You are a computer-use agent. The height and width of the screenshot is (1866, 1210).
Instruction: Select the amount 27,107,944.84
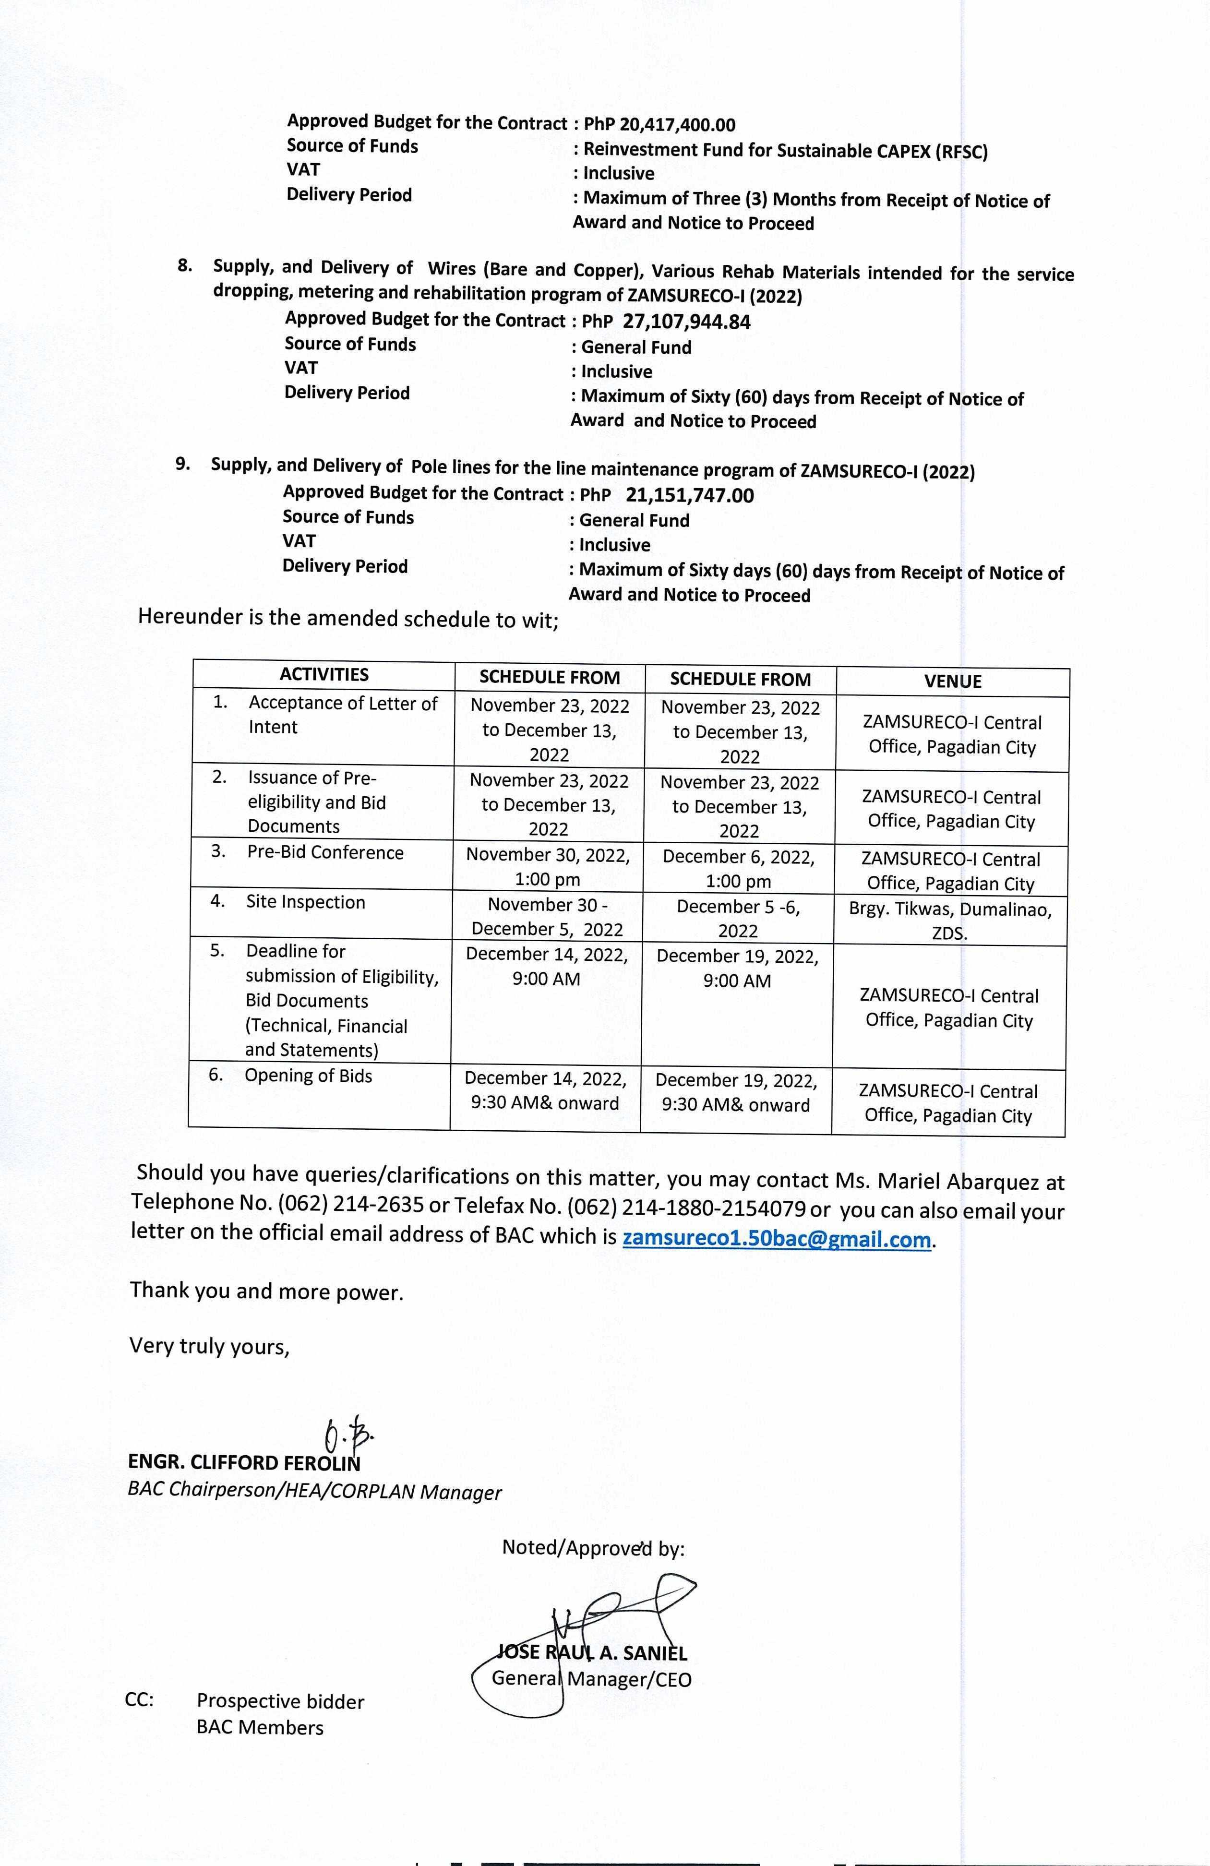coord(686,322)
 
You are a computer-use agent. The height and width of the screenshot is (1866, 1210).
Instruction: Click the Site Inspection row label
coord(305,902)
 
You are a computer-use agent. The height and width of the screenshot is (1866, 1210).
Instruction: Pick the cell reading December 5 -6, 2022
coord(738,918)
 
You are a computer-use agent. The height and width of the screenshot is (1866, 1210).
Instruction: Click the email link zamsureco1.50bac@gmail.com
coord(776,1240)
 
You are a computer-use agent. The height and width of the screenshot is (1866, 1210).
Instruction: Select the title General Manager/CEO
coord(591,1679)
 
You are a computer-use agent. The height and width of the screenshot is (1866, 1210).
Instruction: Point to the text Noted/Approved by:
coord(593,1548)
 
